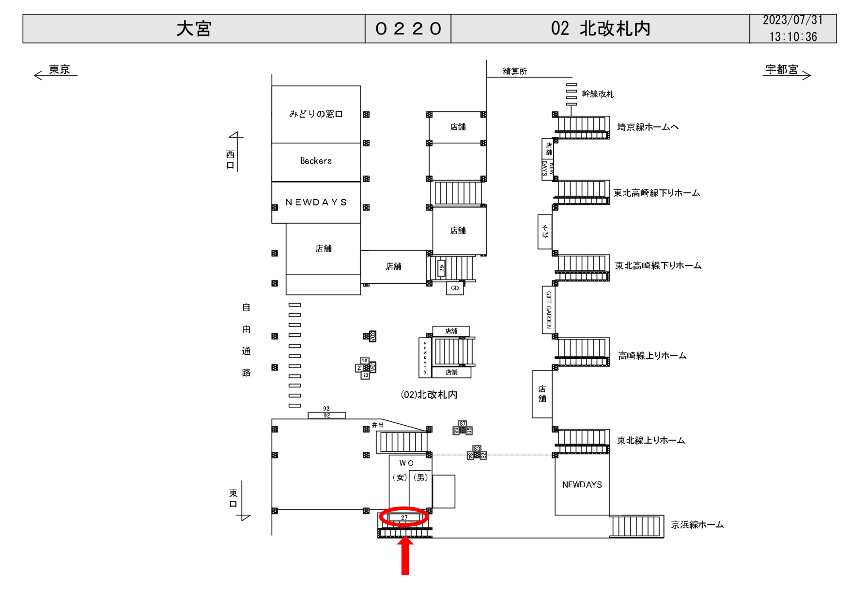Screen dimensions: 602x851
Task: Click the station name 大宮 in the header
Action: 193,29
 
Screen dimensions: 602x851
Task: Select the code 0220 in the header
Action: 408,29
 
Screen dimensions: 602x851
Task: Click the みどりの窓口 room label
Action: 316,114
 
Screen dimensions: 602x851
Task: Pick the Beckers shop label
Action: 316,161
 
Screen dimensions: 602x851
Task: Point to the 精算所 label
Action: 515,71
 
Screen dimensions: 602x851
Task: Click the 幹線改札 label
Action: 597,94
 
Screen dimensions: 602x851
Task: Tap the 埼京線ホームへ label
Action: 648,127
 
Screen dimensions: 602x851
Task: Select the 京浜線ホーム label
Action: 697,525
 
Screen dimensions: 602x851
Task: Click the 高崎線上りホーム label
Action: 652,356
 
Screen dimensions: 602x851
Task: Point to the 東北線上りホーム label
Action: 650,440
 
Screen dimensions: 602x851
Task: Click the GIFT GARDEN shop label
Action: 548,310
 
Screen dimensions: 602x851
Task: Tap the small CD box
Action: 455,288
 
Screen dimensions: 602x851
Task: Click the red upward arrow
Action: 405,556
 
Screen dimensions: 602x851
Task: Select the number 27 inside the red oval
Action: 404,517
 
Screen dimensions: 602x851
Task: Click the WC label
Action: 406,463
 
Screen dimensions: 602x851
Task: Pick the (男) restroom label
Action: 420,477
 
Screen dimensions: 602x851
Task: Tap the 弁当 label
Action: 378,425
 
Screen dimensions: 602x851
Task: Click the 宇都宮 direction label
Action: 781,69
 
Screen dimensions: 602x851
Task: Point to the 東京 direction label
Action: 59,69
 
